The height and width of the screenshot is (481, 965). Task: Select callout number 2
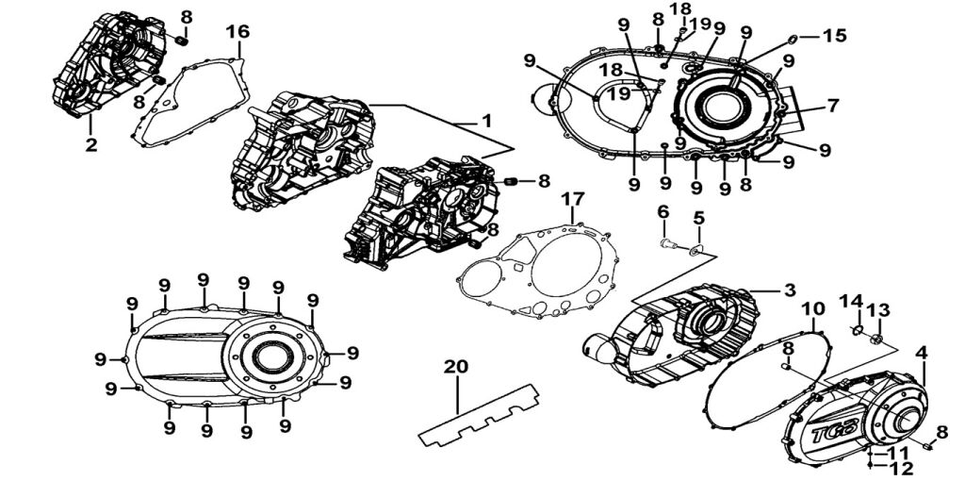pos(91,144)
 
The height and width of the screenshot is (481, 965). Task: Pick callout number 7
pos(832,106)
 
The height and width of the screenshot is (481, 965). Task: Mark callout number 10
pos(812,309)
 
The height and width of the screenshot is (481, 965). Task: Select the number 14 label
pos(852,301)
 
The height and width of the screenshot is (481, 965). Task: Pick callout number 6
pos(663,211)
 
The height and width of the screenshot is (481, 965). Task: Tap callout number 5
pos(698,218)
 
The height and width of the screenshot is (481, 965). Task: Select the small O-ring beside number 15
pos(793,39)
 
